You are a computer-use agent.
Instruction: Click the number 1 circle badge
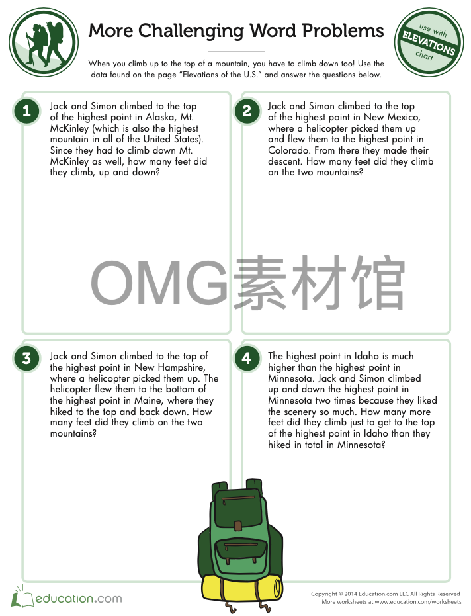(26, 111)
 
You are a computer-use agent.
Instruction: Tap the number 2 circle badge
(247, 111)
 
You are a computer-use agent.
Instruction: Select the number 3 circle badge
(26, 359)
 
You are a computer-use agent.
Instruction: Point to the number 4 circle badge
(247, 359)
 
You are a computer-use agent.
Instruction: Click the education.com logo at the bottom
(66, 598)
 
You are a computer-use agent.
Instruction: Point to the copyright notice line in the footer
(385, 594)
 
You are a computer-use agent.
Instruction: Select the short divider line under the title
(235, 52)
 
